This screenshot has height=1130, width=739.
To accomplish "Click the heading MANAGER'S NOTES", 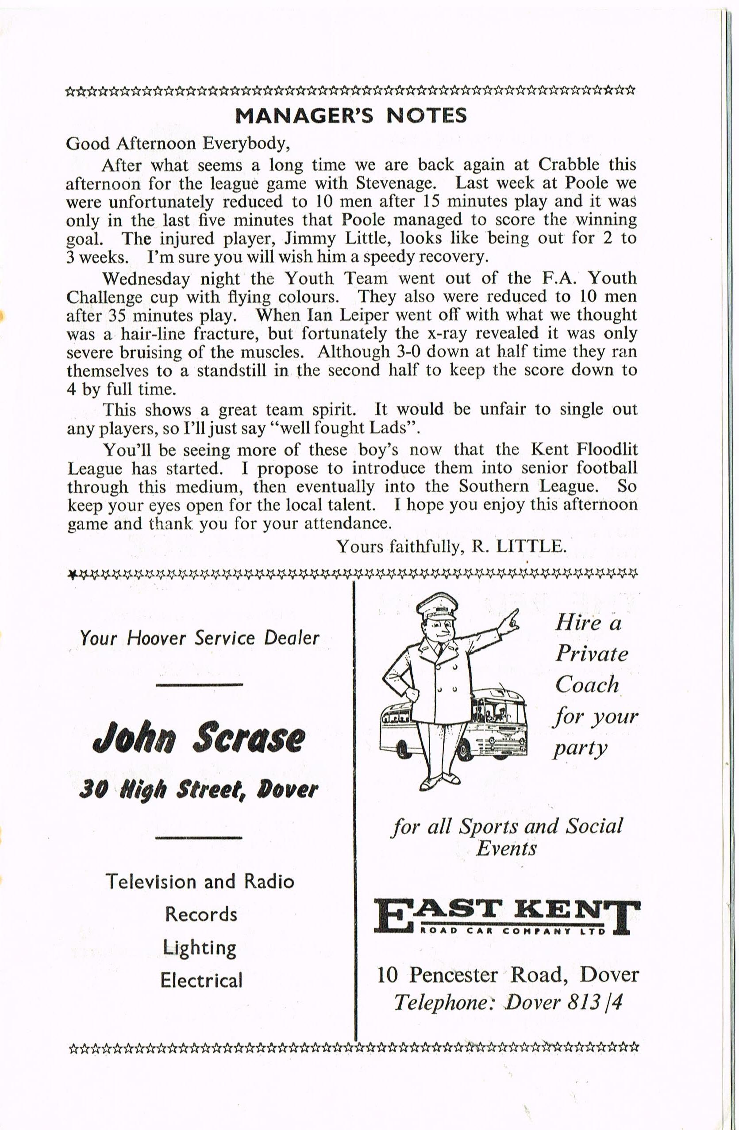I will [x=351, y=116].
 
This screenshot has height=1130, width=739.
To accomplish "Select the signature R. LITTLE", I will [x=519, y=546].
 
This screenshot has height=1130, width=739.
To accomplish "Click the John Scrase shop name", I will [x=199, y=739].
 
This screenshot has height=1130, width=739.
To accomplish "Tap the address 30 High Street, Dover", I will [x=199, y=789].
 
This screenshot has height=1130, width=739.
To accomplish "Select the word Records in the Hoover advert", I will [x=201, y=914].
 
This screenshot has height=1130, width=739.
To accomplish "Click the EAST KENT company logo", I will [x=507, y=917].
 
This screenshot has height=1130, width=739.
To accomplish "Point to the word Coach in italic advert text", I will [x=587, y=685].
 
